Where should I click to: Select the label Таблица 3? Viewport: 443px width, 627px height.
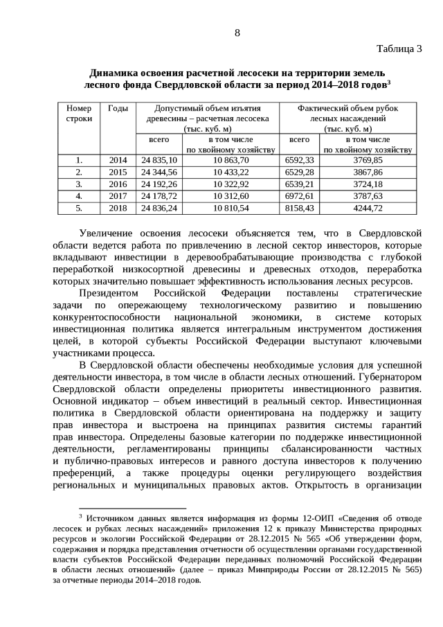pos(399,48)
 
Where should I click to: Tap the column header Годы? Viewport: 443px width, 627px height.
pos(118,109)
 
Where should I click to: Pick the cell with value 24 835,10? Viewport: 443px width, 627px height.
pos(159,160)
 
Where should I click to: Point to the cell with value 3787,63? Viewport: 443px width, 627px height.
pos(368,196)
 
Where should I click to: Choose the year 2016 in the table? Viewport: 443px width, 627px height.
pos(118,184)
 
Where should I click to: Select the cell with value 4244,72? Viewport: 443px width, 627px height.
pos(368,208)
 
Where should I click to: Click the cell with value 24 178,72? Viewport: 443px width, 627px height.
pos(159,196)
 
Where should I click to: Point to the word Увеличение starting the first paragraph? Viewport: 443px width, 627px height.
pos(105,233)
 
